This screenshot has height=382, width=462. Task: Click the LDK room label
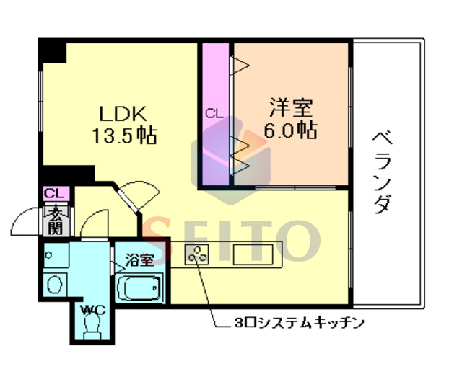pos(123,113)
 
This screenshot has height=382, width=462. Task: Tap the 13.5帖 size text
pos(124,135)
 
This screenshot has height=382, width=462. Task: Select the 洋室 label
pos(290,109)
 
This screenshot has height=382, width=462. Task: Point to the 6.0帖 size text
pos(291,130)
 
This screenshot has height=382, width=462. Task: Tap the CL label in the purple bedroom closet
pos(214,113)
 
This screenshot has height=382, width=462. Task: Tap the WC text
pos(92,310)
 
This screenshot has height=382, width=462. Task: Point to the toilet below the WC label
pos(92,329)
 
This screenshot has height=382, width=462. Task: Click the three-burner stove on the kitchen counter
pos(197,253)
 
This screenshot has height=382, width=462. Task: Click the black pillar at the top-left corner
pos(51,52)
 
